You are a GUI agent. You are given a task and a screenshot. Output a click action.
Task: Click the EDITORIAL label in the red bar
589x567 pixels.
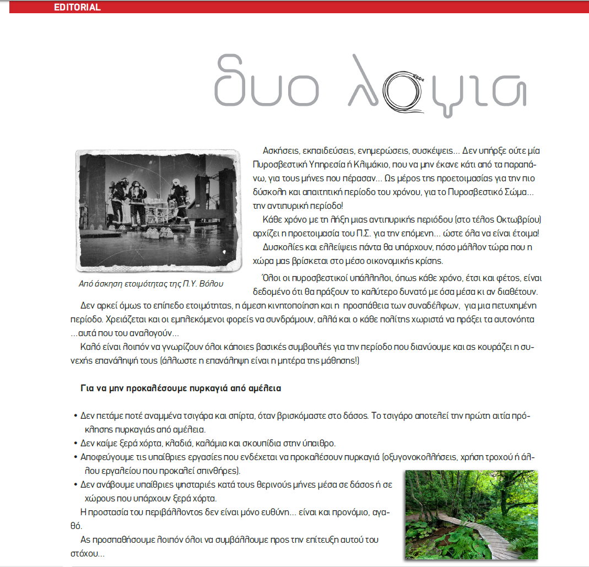77,8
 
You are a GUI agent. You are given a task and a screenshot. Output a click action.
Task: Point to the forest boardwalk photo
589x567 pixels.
471,514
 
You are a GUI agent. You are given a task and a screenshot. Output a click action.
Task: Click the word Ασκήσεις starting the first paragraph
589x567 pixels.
281,150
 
